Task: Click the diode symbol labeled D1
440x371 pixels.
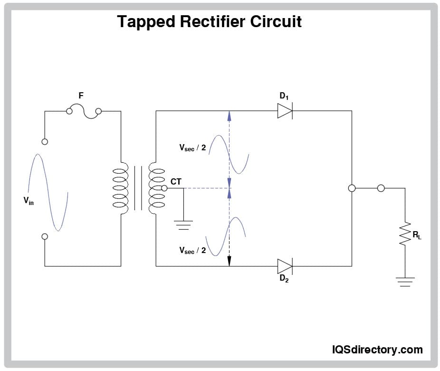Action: [285, 111]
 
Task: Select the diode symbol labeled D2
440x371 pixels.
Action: [285, 266]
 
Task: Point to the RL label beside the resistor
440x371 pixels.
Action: [417, 235]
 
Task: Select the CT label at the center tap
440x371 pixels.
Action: [176, 181]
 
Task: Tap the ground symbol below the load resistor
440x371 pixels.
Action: [405, 282]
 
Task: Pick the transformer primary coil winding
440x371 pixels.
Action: [121, 188]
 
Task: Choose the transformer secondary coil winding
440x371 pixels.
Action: [156, 188]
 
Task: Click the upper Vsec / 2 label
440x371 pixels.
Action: [192, 148]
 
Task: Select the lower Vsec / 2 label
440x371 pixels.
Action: [192, 250]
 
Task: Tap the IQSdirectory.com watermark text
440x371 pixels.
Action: [377, 350]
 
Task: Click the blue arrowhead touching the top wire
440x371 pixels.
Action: [229, 116]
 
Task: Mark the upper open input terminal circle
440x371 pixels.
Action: [45, 141]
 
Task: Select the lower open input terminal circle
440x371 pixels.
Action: [45, 236]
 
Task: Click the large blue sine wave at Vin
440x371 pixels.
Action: [48, 193]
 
